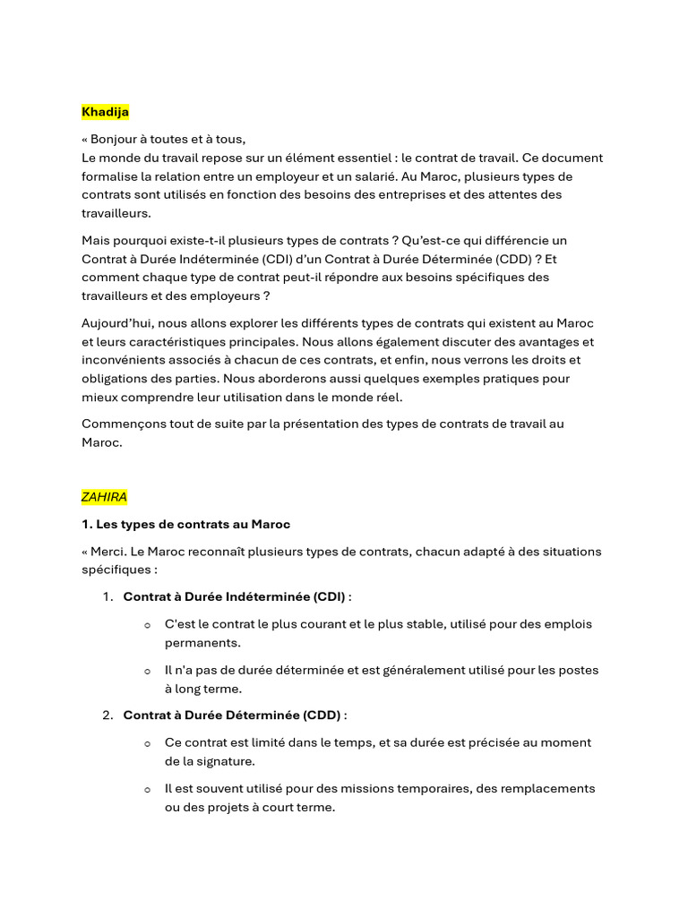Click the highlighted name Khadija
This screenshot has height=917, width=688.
tap(105, 112)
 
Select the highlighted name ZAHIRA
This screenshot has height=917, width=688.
tap(104, 497)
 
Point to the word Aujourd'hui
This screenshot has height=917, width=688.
tap(117, 322)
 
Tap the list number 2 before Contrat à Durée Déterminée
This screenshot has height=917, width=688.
tap(107, 716)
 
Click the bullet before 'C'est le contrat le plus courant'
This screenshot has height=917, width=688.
tap(147, 625)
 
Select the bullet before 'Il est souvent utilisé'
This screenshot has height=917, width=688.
tap(147, 790)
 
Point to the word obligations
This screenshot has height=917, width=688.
tap(117, 378)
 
